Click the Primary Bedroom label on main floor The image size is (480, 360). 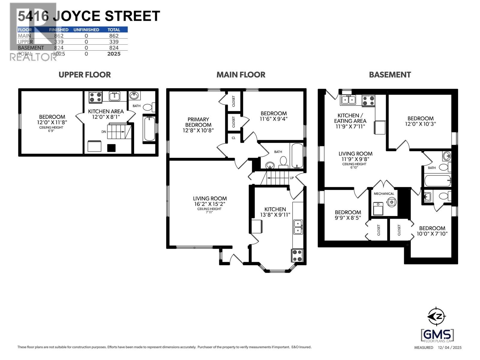(x=198, y=122)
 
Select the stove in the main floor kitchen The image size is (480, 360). (x=297, y=255)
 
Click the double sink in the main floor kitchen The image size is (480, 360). (x=298, y=227)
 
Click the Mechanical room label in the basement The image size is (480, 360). (x=384, y=193)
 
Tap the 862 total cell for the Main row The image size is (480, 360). (x=114, y=36)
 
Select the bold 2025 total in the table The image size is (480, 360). (x=114, y=54)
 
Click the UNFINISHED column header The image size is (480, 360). (x=86, y=30)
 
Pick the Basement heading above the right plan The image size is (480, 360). (x=390, y=75)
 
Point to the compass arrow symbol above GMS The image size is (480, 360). (x=436, y=316)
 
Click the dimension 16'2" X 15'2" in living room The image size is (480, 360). (x=210, y=204)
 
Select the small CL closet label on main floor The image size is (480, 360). (x=233, y=138)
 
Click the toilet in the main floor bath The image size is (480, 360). (x=283, y=162)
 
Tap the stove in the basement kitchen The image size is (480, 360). (x=368, y=100)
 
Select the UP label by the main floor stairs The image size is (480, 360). (x=292, y=178)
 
